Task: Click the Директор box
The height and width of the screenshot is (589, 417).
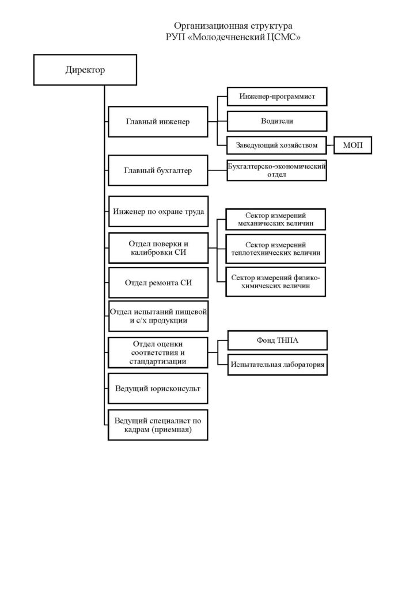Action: [x=85, y=70]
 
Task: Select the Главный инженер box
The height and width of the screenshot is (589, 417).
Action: [x=158, y=122]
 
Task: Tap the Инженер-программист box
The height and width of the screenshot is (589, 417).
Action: [x=277, y=97]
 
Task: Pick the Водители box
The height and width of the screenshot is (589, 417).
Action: [x=277, y=121]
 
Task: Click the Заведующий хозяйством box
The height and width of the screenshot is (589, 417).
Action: [x=276, y=146]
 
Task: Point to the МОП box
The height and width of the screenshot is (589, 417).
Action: [x=352, y=146]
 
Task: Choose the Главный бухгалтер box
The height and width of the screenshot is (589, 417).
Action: [x=158, y=170]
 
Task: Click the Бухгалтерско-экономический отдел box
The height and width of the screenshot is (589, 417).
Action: [x=276, y=170]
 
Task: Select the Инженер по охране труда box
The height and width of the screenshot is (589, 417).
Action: [x=158, y=212]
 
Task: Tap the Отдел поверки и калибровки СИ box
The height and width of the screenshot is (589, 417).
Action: [x=158, y=248]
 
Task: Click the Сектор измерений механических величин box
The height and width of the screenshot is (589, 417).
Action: [x=276, y=219]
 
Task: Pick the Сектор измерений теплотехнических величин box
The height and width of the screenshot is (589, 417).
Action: [x=276, y=248]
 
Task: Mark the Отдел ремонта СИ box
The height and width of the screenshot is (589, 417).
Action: [x=158, y=283]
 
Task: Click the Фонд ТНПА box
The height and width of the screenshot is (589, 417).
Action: [x=278, y=341]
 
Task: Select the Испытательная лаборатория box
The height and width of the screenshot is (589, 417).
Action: [x=278, y=364]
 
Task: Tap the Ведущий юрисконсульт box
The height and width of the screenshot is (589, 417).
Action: [x=158, y=388]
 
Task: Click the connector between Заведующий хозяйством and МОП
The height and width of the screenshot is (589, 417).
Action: [x=331, y=146]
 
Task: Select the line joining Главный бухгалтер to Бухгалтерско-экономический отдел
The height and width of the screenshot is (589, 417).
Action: [x=218, y=170]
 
